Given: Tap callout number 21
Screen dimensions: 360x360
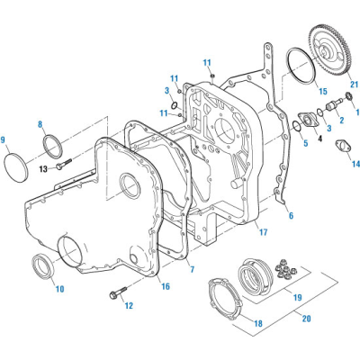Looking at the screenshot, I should tap(354, 85).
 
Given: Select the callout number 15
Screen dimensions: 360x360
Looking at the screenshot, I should tap(321, 92).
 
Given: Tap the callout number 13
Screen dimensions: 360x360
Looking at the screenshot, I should tap(42, 168).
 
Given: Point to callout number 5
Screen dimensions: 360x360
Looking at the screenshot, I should tap(305, 143).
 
